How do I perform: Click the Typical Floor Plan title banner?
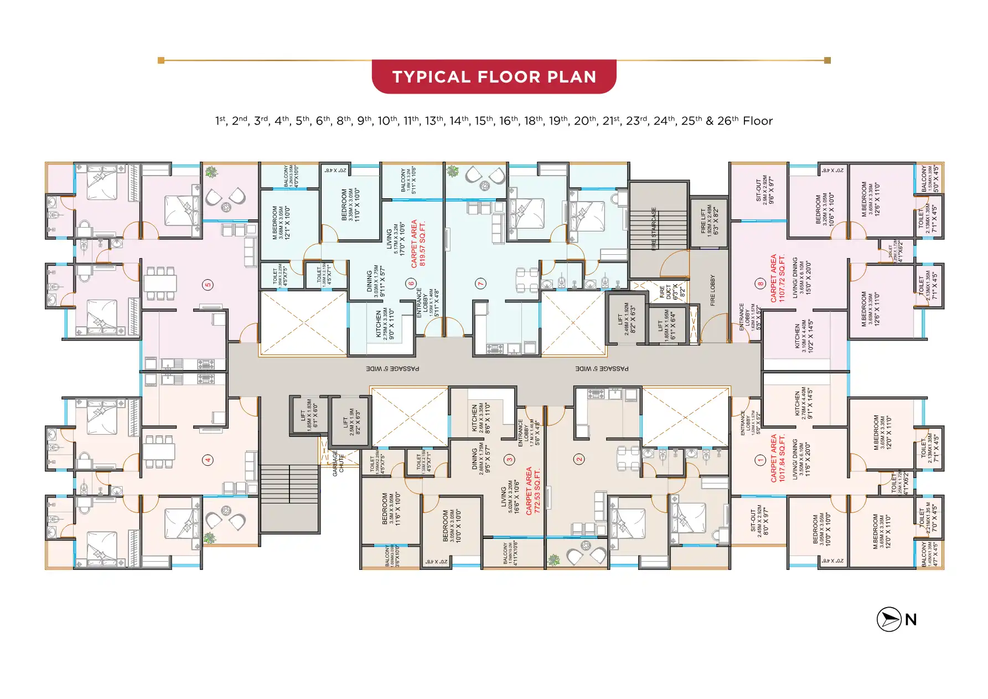[494, 76]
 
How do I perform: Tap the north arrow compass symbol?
[889, 619]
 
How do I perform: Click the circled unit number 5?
[208, 285]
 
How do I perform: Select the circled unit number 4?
[208, 460]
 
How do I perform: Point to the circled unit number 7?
[480, 284]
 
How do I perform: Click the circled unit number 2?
[580, 459]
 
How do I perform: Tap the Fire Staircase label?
[654, 229]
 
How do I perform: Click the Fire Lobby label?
[712, 290]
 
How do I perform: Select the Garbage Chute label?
[338, 463]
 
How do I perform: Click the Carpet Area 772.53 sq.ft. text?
[532, 491]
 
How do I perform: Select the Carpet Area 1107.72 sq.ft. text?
[778, 278]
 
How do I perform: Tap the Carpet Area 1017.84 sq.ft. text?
[778, 458]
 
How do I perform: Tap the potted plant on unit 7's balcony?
[453, 171]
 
